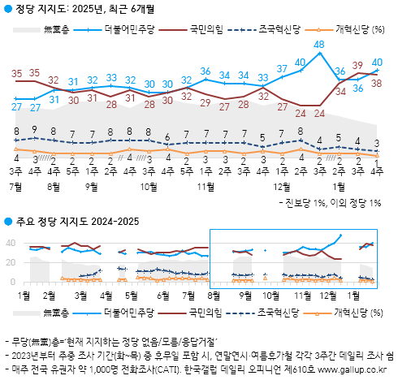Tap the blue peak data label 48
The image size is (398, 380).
point(320,45)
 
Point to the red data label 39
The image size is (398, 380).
point(358,65)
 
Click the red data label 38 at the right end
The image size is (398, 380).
point(378,82)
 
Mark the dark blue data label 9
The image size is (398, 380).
point(35,129)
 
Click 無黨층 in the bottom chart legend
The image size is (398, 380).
point(56,311)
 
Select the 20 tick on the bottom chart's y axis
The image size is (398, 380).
point(11,262)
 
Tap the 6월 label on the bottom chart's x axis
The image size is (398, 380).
point(162,296)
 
